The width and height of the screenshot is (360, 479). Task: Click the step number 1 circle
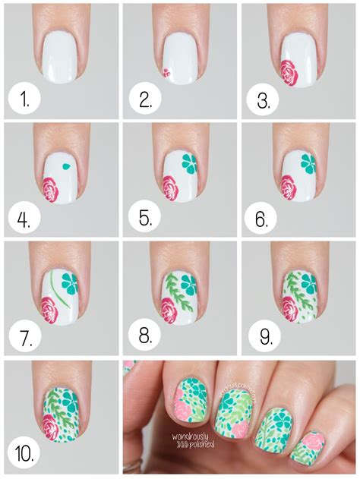tap(25, 99)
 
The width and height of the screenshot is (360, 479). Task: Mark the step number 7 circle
tap(25, 337)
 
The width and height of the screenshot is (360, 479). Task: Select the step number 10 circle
tap(25, 453)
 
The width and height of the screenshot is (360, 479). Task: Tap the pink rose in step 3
tap(289, 71)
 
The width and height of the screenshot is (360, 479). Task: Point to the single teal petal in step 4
tap(66, 163)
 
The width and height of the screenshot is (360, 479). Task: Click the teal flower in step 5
tap(188, 162)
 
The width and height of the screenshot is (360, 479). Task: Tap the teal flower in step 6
tap(307, 162)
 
